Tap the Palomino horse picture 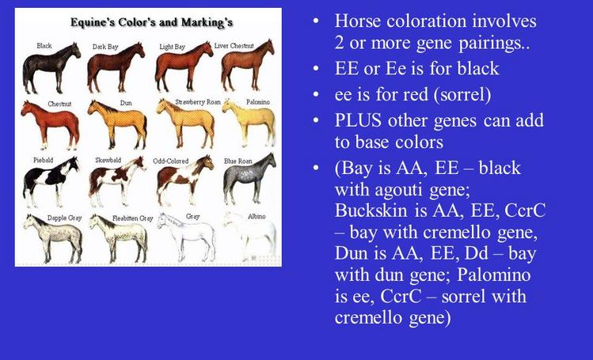click(x=249, y=123)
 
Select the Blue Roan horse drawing click(x=249, y=179)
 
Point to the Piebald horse click(x=51, y=181)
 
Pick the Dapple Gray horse click(x=52, y=239)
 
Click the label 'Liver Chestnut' click(x=234, y=46)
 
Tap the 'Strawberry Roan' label click(x=198, y=102)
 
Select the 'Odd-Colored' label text click(x=170, y=161)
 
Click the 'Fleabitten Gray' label click(x=133, y=218)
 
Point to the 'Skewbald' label click(x=108, y=160)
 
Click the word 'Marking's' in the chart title click(x=207, y=22)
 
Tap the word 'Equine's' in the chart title click(x=93, y=22)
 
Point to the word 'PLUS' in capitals click(x=358, y=120)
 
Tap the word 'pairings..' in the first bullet click(x=493, y=44)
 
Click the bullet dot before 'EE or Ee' click(x=316, y=69)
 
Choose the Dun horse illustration click(x=117, y=125)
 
